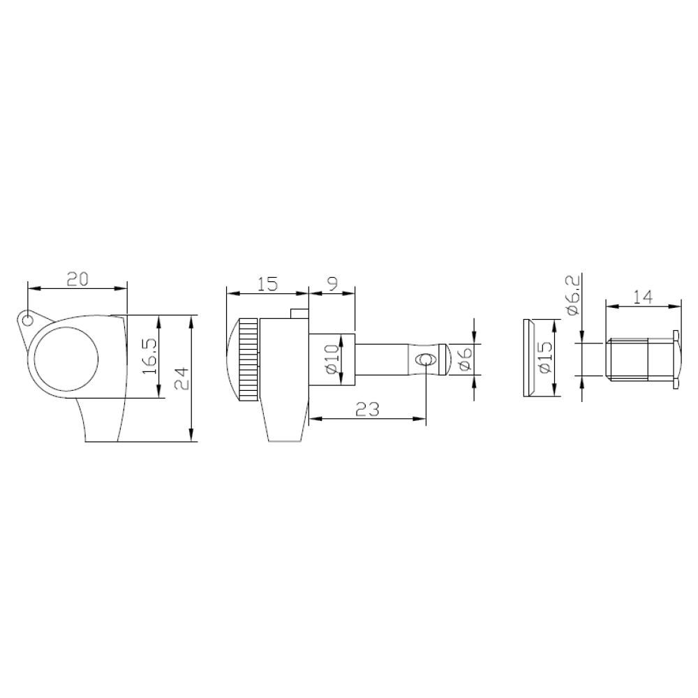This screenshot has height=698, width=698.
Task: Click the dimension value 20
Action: (x=78, y=279)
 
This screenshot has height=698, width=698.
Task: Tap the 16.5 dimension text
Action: (x=149, y=357)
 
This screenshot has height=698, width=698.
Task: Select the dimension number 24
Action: (x=181, y=378)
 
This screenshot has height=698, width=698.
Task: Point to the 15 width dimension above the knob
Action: (x=267, y=283)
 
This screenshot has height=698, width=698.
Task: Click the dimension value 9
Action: (x=332, y=283)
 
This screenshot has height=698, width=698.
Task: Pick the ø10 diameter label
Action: (x=332, y=359)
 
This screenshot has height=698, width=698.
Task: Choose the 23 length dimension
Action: (x=368, y=409)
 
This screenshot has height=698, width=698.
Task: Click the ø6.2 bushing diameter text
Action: (x=573, y=295)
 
